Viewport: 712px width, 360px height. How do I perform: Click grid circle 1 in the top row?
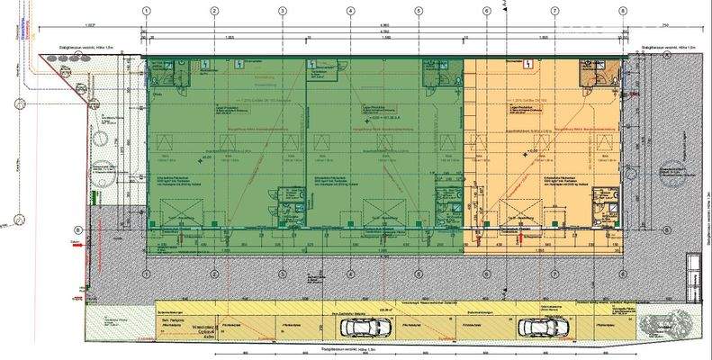click(x=144, y=12)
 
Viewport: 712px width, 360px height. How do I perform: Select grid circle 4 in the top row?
click(x=350, y=12)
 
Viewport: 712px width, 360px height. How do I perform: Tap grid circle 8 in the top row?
click(x=622, y=12)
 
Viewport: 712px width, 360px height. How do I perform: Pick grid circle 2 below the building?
click(x=214, y=275)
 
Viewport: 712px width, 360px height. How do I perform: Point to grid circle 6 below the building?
click(x=487, y=275)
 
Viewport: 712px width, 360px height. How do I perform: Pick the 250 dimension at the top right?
click(x=665, y=25)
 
